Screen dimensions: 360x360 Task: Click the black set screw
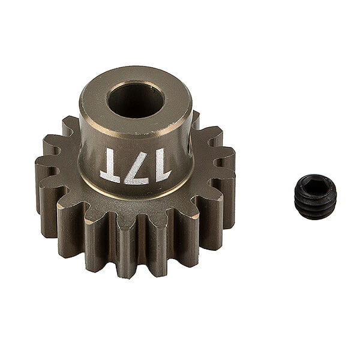(314, 197)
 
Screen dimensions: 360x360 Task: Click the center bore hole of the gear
(135, 99)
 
